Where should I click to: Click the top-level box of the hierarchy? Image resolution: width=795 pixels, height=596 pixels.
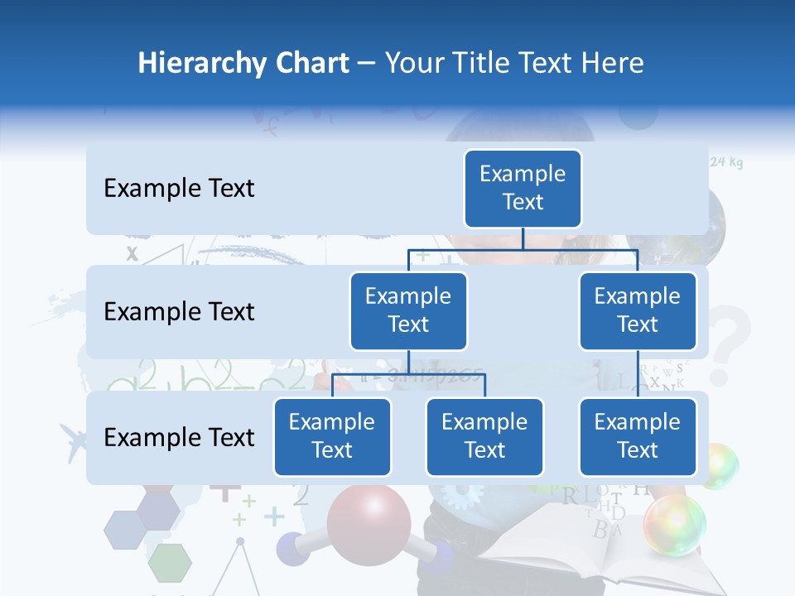(523, 189)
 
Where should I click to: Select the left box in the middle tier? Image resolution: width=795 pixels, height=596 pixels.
(408, 311)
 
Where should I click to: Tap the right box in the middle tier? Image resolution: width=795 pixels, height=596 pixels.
(638, 311)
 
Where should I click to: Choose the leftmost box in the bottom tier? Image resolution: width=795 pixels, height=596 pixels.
(332, 437)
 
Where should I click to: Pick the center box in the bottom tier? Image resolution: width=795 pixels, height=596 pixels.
(484, 437)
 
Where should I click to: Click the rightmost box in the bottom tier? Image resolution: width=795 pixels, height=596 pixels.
(638, 437)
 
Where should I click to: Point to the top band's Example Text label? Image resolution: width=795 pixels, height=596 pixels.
(179, 189)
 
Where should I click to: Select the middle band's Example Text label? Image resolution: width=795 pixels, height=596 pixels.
(179, 312)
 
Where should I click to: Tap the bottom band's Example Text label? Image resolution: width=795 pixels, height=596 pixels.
(179, 437)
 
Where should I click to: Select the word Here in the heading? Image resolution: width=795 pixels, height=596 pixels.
(613, 63)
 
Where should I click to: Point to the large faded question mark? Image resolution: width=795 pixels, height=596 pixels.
(729, 344)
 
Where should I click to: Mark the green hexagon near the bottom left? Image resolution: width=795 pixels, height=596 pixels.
(171, 563)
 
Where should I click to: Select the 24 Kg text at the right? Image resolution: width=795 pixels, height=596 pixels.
(726, 162)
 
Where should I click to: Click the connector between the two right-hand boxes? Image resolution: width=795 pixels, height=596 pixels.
(638, 374)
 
